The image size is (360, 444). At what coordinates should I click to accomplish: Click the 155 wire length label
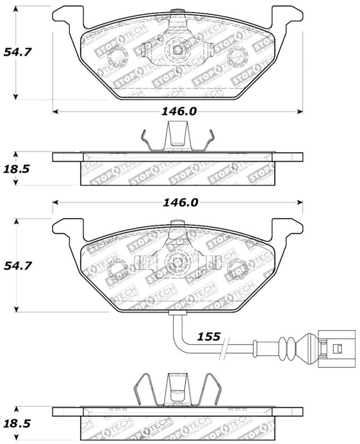pyautogui.click(x=208, y=336)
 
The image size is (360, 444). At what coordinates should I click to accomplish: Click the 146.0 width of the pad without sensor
pyautogui.click(x=179, y=111)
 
